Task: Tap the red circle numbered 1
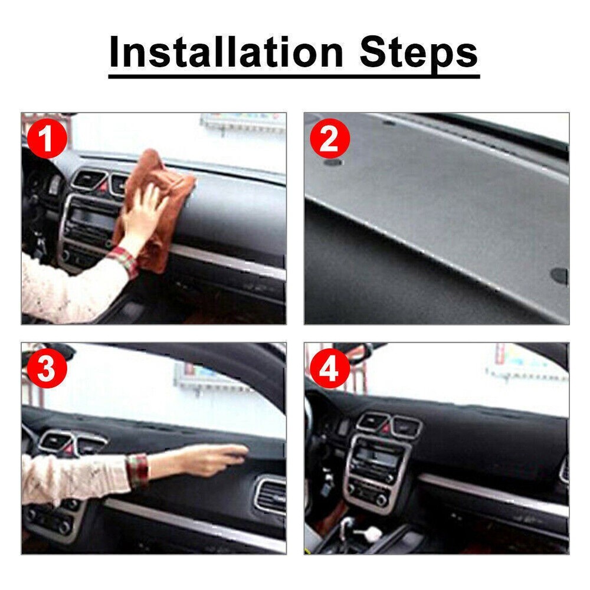pyautogui.click(x=47, y=139)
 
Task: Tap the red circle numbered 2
pyautogui.click(x=330, y=139)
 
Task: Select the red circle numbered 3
pyautogui.click(x=47, y=369)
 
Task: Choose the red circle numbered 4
pyautogui.click(x=330, y=369)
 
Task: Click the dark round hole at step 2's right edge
pyautogui.click(x=559, y=275)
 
